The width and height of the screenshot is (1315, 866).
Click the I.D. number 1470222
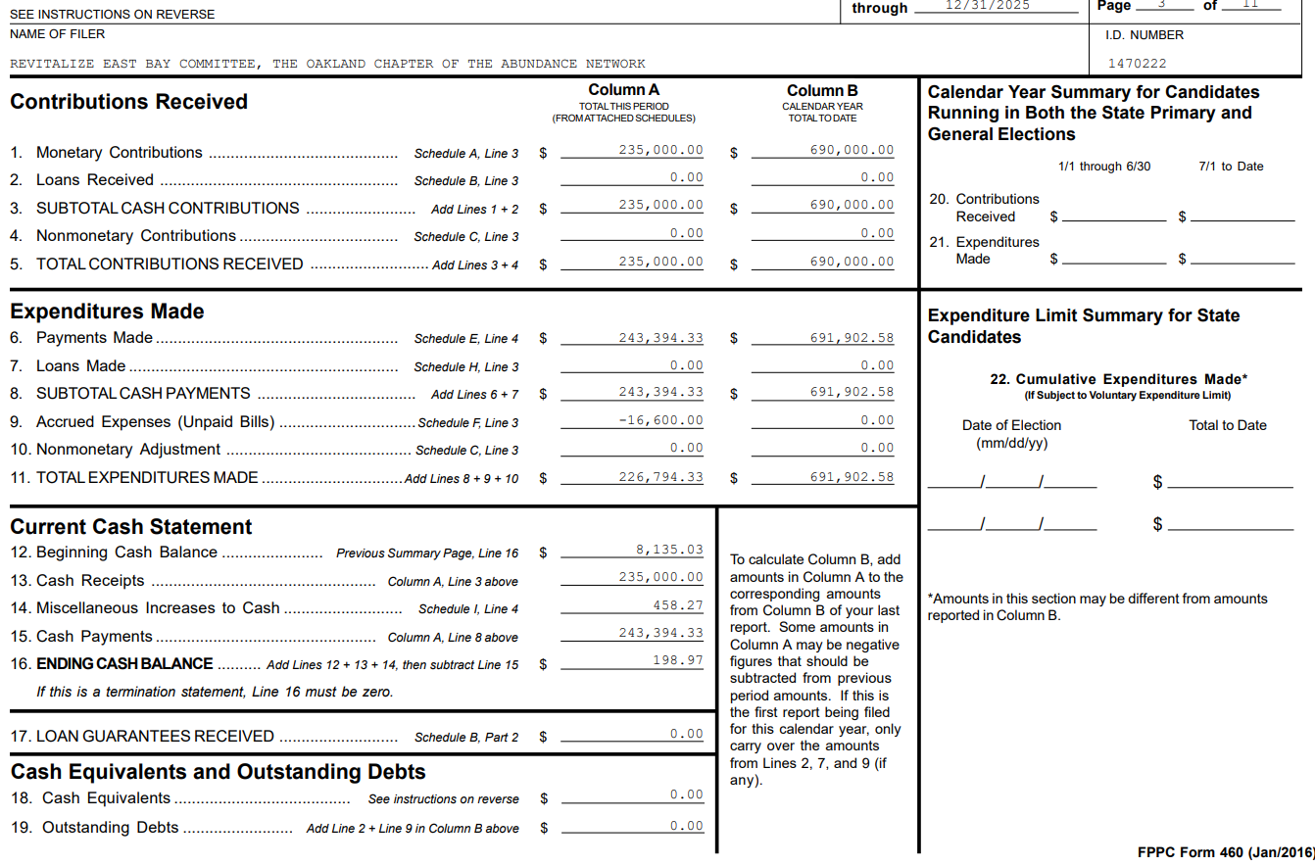point(1137,64)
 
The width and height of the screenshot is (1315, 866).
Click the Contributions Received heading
point(128,102)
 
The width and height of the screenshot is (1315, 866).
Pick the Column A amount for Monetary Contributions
point(660,151)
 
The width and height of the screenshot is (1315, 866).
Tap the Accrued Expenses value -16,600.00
point(660,420)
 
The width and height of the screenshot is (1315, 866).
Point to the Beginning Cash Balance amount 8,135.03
point(669,551)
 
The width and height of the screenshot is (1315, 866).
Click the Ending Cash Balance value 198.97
point(678,660)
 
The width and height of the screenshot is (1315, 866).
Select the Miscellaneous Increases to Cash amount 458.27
point(678,605)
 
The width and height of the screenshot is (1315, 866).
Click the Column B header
point(822,90)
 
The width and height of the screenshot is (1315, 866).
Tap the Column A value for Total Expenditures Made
point(660,477)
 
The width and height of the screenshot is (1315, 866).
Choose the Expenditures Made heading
point(107,312)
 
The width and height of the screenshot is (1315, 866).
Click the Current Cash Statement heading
point(131,527)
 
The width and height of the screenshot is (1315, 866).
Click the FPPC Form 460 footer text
point(1225,852)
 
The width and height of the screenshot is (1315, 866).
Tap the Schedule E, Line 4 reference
point(466,339)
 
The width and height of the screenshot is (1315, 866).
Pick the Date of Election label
point(1011,425)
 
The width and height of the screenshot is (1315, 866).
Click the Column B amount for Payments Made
point(852,338)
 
